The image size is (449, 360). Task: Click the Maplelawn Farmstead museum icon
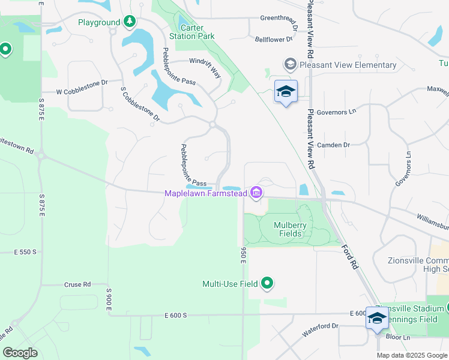pos(257,193)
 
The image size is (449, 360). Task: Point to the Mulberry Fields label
pos(290,230)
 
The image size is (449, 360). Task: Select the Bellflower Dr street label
pos(273,39)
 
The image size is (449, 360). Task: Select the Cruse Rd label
pos(78,284)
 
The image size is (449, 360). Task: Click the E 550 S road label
pos(25,252)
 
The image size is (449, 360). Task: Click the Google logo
pos(20,352)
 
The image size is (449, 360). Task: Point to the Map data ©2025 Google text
pos(411,355)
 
